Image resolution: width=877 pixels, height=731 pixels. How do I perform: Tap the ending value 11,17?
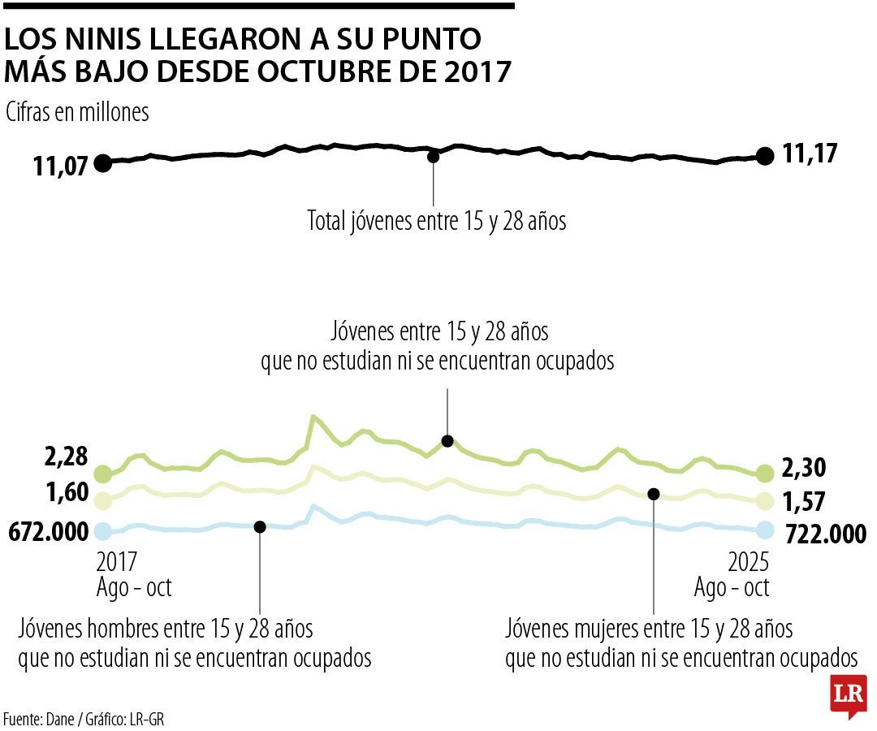tap(810, 154)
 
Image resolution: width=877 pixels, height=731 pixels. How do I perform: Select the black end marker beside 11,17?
tap(764, 156)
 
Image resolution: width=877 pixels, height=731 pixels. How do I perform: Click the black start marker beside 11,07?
tap(102, 163)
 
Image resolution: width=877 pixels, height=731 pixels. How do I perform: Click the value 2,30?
tap(805, 469)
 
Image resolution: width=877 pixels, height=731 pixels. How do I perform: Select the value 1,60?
tap(67, 492)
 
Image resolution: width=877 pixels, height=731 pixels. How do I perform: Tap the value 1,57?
tap(805, 502)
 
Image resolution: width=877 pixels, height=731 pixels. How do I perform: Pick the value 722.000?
tap(825, 533)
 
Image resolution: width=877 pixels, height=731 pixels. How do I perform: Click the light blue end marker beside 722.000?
tap(764, 530)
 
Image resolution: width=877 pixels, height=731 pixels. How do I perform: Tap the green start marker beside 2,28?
tap(102, 474)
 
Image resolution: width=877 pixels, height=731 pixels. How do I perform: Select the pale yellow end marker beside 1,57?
tap(764, 501)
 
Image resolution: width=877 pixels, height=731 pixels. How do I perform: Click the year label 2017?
tap(118, 562)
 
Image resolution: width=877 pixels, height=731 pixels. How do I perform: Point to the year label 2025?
tap(747, 562)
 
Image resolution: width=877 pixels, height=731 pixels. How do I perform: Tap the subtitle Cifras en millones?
tap(77, 112)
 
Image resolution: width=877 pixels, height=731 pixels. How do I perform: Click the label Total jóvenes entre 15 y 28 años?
tap(436, 220)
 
